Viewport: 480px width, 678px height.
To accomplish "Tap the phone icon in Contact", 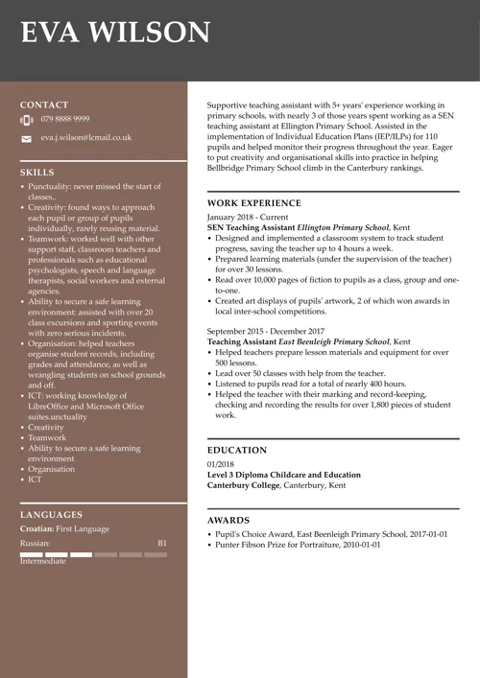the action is pos(26,120).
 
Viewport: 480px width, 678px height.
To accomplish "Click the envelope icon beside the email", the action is pos(26,139).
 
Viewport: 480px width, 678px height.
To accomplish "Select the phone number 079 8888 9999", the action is pos(65,119).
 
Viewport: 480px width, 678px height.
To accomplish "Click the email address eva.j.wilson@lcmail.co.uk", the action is pos(85,138).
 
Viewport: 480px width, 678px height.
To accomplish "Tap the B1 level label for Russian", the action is pos(162,543).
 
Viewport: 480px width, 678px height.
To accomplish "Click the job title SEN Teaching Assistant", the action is pos(252,228).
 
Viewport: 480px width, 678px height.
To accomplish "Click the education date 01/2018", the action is pos(222,464).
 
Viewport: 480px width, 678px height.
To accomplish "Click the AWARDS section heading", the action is pos(229,520).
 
